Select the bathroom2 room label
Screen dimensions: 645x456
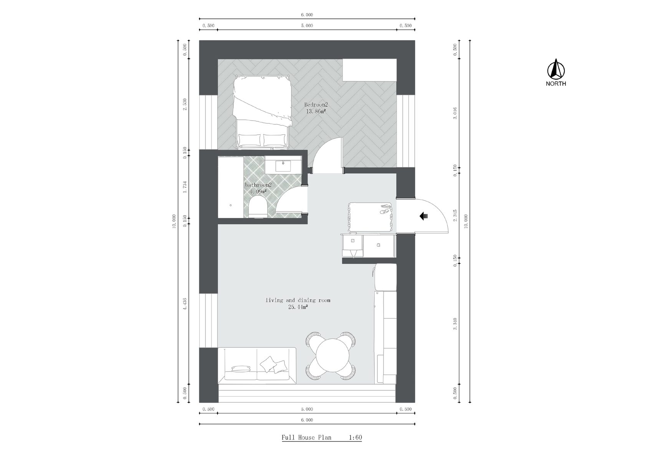[x=258, y=185]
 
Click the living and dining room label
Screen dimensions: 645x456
[x=298, y=300]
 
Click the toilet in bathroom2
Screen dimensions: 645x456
[x=258, y=207]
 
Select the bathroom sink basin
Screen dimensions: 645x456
[x=283, y=166]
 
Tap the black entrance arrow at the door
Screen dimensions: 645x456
[x=423, y=216]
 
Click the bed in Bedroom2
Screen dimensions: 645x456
[x=261, y=112]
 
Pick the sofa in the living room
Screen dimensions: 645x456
[x=257, y=365]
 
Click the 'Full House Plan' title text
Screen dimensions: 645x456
[x=306, y=438]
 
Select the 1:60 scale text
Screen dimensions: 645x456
[x=356, y=438]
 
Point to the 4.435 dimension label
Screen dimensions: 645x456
[x=185, y=303]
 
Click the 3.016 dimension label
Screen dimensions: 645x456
[x=455, y=113]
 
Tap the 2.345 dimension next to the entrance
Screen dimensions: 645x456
[x=455, y=215]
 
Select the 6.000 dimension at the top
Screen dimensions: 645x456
[x=307, y=15]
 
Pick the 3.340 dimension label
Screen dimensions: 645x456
[x=455, y=324]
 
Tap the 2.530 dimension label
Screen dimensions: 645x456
[x=185, y=104]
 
